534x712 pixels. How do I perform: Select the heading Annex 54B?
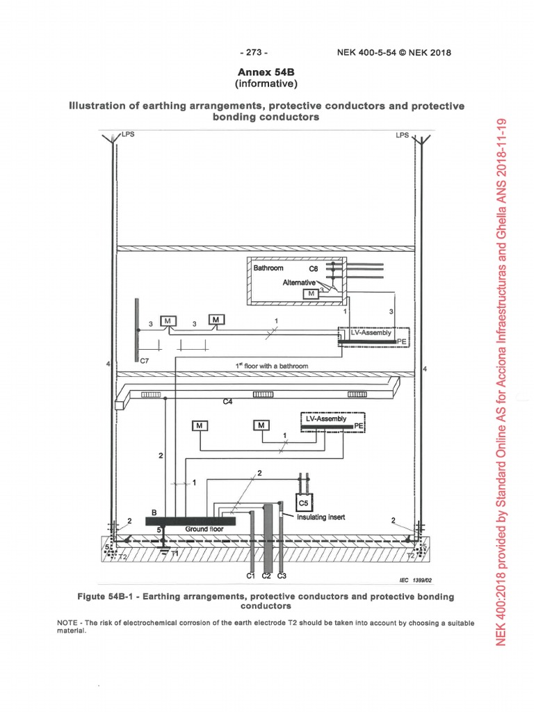click(x=267, y=72)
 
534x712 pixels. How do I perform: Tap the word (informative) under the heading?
click(x=267, y=84)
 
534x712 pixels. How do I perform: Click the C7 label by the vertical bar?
click(x=144, y=362)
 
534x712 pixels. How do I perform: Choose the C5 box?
click(x=303, y=502)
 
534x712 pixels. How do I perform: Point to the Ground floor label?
click(x=201, y=530)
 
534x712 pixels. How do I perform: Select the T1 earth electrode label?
click(x=174, y=553)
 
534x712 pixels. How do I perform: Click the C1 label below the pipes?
click(x=252, y=576)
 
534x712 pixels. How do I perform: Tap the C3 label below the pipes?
click(x=282, y=576)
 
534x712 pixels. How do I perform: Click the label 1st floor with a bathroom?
click(x=270, y=365)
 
